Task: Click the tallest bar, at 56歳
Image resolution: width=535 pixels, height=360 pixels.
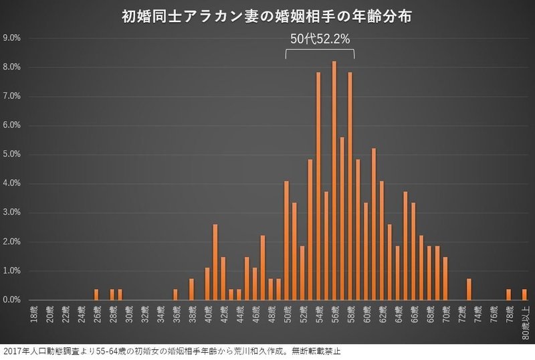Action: tap(334, 181)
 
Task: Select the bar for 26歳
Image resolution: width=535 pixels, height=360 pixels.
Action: tap(96, 295)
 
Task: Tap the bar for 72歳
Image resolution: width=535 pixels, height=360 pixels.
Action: tap(469, 290)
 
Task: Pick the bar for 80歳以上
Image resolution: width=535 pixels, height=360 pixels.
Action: tap(524, 295)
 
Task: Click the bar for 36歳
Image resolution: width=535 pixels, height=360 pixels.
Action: tap(175, 295)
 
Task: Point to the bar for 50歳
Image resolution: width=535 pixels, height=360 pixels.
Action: tap(286, 241)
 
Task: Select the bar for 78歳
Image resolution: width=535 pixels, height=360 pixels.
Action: tap(509, 295)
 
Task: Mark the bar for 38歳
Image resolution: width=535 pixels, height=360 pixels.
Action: tap(191, 290)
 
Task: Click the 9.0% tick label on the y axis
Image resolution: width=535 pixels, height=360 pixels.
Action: tap(12, 38)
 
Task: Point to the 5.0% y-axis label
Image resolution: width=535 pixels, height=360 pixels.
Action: tap(12, 155)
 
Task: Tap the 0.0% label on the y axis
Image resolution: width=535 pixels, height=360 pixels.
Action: tap(12, 300)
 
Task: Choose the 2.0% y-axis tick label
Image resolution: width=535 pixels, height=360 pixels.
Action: tap(12, 242)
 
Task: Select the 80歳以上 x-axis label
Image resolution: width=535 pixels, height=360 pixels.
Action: tap(525, 320)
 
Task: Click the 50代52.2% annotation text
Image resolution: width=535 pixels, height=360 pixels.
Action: tap(320, 39)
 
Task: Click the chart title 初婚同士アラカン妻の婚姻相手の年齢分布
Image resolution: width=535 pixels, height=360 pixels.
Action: tap(266, 15)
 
